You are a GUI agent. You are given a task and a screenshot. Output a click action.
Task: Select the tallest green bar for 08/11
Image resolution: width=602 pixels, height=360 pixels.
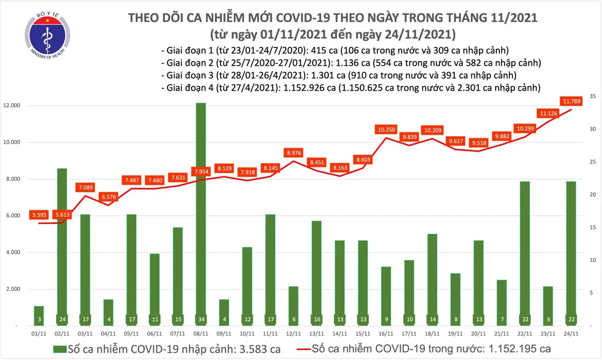[x=200, y=211]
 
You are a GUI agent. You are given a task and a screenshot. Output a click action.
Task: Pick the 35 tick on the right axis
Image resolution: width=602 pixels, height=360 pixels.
[x=593, y=96]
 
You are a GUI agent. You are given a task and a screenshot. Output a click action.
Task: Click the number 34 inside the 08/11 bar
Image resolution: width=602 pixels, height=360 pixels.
[x=200, y=320]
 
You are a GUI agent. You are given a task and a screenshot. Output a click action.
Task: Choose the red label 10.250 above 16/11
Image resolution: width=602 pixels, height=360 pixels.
[x=388, y=128]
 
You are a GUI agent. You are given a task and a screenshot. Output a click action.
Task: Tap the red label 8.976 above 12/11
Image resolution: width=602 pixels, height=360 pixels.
[x=294, y=152]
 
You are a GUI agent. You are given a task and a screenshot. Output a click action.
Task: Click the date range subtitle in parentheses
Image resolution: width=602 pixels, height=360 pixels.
[x=333, y=34]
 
